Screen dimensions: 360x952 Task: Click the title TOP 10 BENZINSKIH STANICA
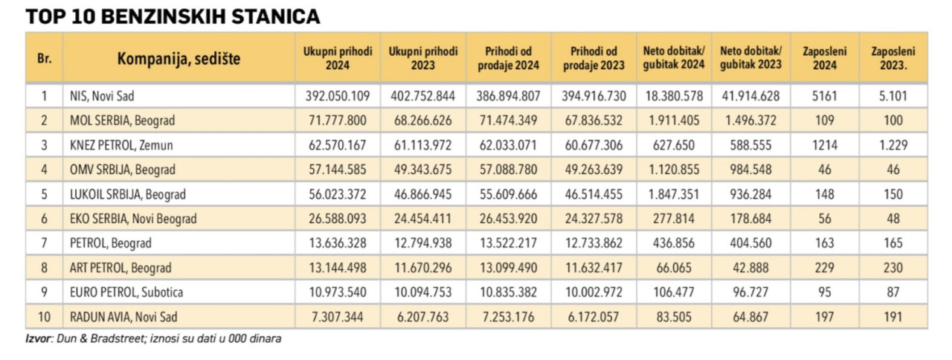click(173, 16)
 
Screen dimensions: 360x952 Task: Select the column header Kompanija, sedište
click(178, 58)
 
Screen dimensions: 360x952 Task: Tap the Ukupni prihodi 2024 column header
click(337, 58)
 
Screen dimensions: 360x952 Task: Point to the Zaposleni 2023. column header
click(893, 58)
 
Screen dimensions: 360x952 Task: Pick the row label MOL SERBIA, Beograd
click(122, 120)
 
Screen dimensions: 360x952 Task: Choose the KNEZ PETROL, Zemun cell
click(120, 145)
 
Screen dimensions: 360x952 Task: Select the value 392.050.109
click(338, 96)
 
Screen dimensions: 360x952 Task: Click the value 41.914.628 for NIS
click(750, 96)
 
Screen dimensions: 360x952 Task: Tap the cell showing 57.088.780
click(508, 170)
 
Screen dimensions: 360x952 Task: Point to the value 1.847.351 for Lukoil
click(673, 194)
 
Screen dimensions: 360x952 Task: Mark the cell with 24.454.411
click(422, 219)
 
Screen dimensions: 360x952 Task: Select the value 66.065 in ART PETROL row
click(673, 268)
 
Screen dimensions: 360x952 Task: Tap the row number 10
click(44, 317)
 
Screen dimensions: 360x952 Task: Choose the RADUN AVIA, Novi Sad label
click(124, 317)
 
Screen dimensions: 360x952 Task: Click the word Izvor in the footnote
click(38, 339)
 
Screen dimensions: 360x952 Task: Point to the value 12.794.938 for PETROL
click(422, 243)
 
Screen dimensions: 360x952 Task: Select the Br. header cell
click(44, 58)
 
